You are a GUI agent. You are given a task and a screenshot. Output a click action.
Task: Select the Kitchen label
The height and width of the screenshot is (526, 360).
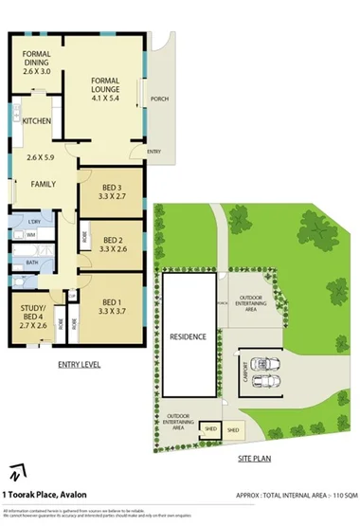click(x=37, y=120)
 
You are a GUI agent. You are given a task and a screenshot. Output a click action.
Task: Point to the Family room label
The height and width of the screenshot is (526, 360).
click(x=42, y=183)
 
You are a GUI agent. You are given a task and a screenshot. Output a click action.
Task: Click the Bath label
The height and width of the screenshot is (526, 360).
click(x=31, y=263)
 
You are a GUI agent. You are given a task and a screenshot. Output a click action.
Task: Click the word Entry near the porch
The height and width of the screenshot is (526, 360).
click(x=153, y=152)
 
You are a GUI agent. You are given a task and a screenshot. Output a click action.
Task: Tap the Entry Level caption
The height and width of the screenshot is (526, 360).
click(x=80, y=363)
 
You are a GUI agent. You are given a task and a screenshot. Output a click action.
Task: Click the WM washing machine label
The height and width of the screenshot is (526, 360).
click(x=31, y=233)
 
